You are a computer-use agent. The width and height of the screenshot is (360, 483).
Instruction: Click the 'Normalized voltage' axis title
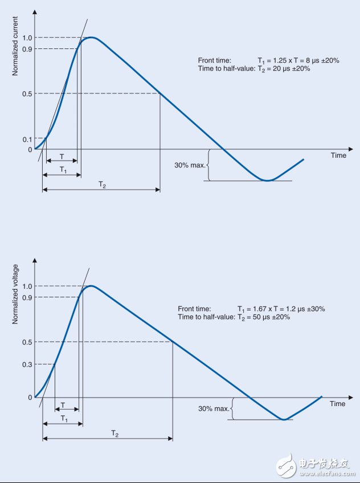[x=15, y=294]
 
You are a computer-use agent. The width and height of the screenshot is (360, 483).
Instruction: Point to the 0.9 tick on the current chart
[x=26, y=49]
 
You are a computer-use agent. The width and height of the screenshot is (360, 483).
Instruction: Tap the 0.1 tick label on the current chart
[x=26, y=138]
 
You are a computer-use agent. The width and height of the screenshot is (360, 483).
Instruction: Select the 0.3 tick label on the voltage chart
[x=26, y=365]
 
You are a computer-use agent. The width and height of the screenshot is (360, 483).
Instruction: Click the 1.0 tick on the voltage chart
[x=26, y=286]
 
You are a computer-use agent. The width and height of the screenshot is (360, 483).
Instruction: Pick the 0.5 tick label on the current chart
[x=26, y=94]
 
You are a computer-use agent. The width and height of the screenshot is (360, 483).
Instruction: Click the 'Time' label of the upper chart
[x=338, y=155]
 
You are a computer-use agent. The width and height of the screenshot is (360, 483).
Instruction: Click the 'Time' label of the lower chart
[x=338, y=404]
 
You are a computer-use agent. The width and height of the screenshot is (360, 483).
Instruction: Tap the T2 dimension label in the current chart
[x=101, y=185]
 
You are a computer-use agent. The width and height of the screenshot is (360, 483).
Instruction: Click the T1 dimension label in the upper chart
[x=63, y=170]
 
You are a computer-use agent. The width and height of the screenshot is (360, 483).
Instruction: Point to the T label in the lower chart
[x=62, y=405]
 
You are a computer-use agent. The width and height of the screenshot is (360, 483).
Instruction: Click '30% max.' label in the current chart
[x=189, y=166]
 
